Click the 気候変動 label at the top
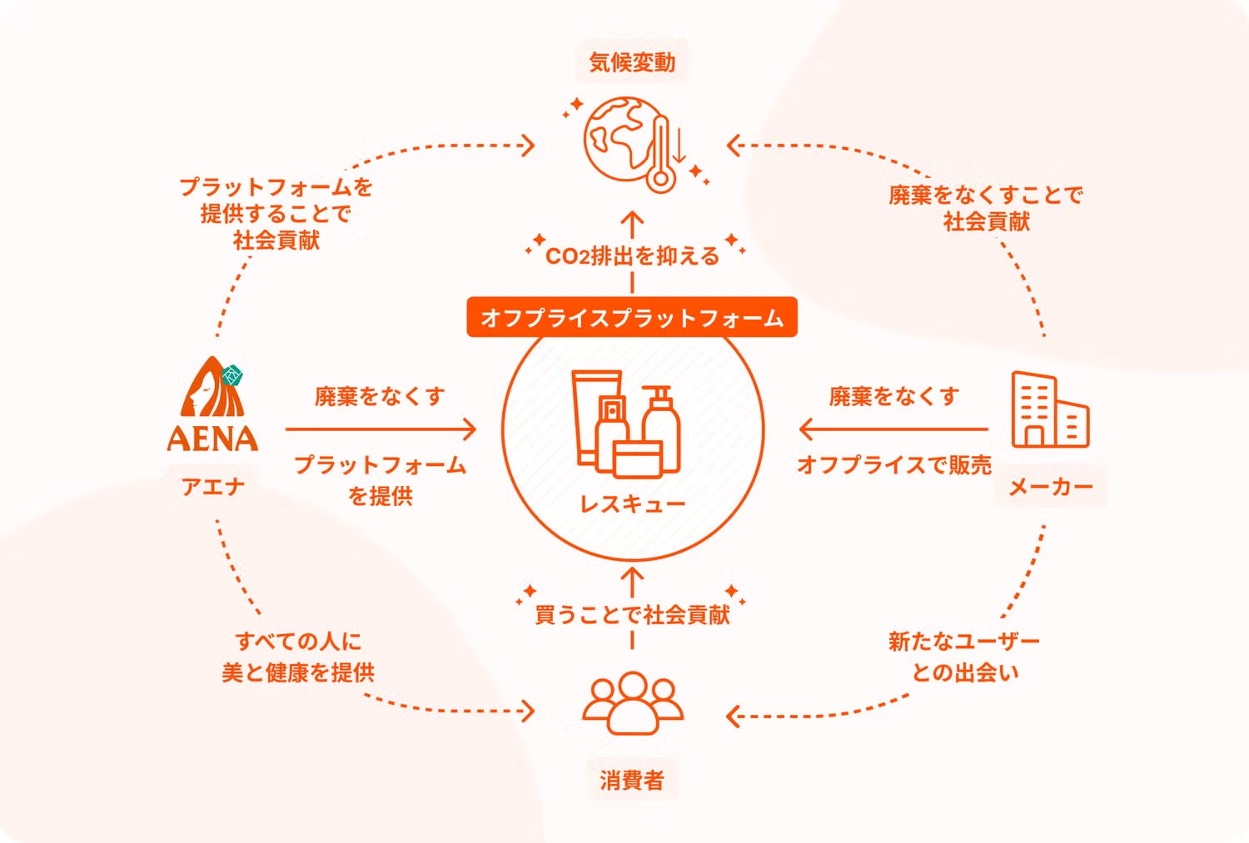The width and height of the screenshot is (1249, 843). pos(632,62)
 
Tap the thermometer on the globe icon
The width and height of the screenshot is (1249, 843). pos(661,154)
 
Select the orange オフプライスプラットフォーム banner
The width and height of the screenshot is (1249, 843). pos(632,317)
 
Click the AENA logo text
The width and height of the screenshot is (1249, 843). pos(212,439)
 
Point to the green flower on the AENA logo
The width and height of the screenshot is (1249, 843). pos(232,375)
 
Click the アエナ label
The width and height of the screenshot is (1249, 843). pos(213,487)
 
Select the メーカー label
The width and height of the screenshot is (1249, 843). pos(1051,488)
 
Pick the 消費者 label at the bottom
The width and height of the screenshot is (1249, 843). pos(632,781)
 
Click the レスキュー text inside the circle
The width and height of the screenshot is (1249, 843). pos(632,504)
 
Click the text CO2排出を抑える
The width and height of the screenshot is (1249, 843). pos(632,256)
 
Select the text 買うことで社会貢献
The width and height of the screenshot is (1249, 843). pos(632,614)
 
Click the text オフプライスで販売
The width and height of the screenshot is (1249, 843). pos(893,464)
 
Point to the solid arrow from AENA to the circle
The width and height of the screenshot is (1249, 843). pos(381,429)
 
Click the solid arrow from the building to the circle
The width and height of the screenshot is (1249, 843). pos(893,429)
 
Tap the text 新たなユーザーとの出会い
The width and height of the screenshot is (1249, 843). pos(964,657)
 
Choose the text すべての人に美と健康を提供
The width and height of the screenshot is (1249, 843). pos(298,657)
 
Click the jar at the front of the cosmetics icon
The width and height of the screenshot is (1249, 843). pos(638,459)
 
